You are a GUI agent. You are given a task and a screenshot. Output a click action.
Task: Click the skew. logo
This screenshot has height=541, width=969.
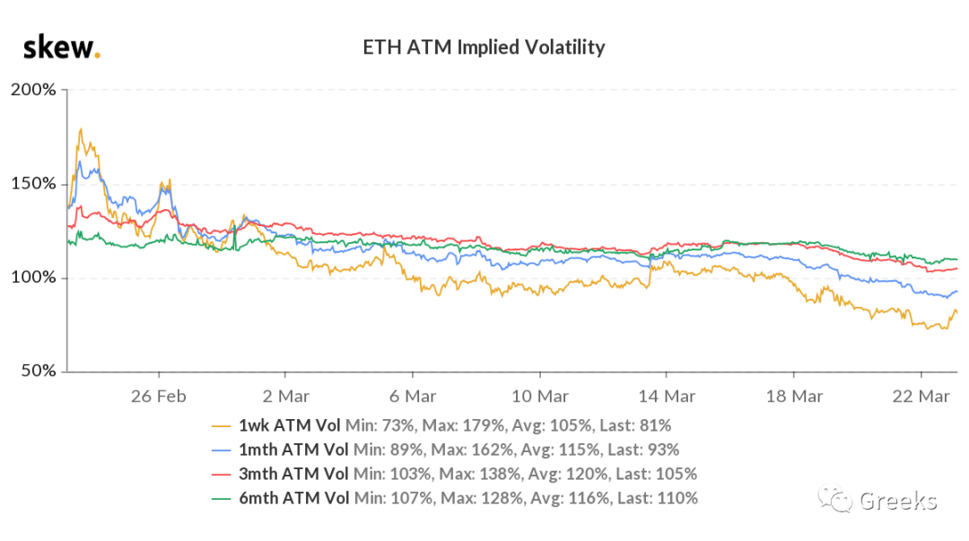pyautogui.click(x=61, y=48)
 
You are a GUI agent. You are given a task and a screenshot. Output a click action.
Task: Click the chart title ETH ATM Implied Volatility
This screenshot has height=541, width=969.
pyautogui.click(x=484, y=48)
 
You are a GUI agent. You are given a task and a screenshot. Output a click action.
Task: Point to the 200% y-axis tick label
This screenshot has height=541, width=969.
pyautogui.click(x=33, y=90)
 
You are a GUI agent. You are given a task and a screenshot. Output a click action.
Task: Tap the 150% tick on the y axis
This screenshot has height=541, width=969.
pyautogui.click(x=33, y=184)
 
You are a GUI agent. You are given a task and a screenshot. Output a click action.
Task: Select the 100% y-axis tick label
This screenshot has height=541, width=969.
pyautogui.click(x=33, y=277)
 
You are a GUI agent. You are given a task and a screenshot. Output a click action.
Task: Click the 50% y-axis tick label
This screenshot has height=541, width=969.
pyautogui.click(x=38, y=371)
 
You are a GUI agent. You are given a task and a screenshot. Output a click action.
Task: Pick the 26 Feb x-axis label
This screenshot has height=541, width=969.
pyautogui.click(x=159, y=396)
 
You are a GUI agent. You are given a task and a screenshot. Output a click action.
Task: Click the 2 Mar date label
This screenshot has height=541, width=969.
pyautogui.click(x=285, y=396)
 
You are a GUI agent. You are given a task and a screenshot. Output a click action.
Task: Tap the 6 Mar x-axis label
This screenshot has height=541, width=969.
pyautogui.click(x=413, y=396)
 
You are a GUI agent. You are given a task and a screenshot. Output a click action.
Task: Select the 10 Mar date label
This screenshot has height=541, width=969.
pyautogui.click(x=540, y=396)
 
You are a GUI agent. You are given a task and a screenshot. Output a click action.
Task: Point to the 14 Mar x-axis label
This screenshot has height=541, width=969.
pyautogui.click(x=668, y=396)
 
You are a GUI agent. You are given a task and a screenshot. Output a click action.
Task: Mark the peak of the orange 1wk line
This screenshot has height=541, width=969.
pyautogui.click(x=82, y=129)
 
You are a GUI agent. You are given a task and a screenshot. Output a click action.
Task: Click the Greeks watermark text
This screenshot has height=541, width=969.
pyautogui.click(x=897, y=501)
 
